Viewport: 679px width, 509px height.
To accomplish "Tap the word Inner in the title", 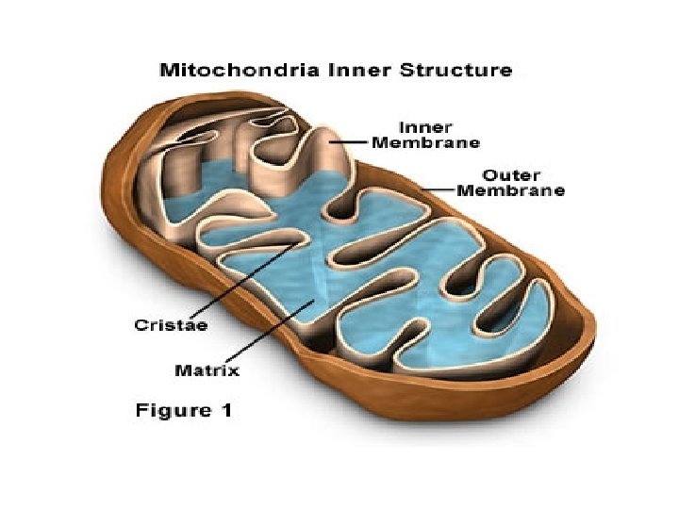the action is (356, 70).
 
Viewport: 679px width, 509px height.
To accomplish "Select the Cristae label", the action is (170, 325).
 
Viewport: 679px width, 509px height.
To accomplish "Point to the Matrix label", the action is (207, 370).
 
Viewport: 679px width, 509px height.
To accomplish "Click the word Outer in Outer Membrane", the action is (510, 174).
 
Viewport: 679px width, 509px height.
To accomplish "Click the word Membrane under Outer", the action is (510, 190).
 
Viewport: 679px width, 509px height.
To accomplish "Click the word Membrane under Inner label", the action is (425, 142).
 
